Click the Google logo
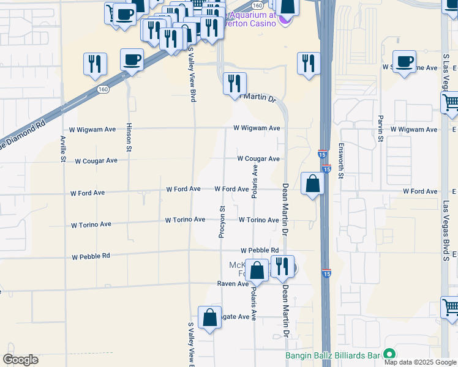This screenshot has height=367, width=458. (x=20, y=359)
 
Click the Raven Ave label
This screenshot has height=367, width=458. (x=233, y=284)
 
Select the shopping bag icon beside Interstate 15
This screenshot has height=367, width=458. (x=312, y=183)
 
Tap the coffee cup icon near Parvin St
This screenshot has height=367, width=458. (x=404, y=62)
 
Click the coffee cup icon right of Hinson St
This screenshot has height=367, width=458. (x=132, y=61)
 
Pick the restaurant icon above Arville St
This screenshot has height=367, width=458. (x=95, y=64)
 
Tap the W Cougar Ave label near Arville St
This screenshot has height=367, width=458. (x=96, y=161)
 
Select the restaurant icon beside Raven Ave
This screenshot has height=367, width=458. (x=282, y=267)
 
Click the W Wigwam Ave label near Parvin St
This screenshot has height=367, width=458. (x=413, y=130)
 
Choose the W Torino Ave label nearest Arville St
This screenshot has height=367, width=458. (x=91, y=224)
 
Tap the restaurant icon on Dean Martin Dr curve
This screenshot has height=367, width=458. (x=234, y=84)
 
